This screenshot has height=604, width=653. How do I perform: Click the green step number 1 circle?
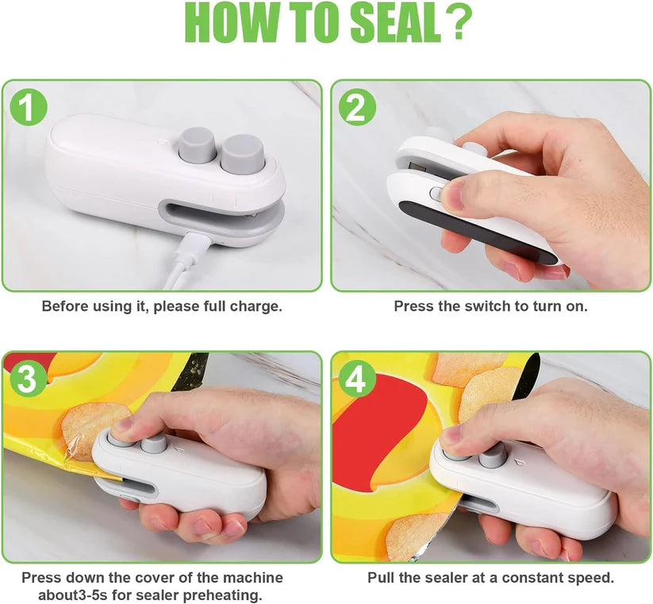(28, 109)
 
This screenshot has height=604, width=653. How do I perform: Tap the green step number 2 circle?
(356, 109)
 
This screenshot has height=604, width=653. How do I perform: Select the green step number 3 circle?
(28, 380)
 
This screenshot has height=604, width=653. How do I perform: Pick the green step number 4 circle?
(356, 380)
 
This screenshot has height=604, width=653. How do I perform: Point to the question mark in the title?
(459, 25)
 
